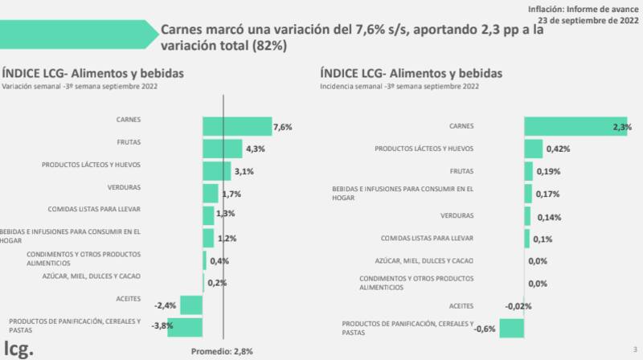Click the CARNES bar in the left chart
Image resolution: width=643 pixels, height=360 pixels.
tap(237, 126)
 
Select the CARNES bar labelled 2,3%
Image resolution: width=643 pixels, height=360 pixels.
tap(575, 126)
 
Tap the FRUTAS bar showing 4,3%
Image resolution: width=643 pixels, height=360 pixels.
tap(222, 149)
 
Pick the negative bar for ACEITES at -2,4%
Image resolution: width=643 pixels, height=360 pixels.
tap(191, 305)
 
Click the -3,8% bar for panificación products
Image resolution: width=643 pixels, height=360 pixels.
tap(185, 327)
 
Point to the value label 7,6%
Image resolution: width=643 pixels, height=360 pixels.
tap(282, 127)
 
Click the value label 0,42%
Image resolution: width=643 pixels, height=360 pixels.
tap(559, 149)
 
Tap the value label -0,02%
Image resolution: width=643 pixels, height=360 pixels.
tap(518, 305)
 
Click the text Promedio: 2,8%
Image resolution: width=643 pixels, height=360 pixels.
tap(223, 352)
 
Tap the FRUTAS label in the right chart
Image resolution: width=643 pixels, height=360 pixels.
tap(461, 170)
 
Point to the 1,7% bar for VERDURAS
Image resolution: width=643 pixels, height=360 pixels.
tap(211, 193)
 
